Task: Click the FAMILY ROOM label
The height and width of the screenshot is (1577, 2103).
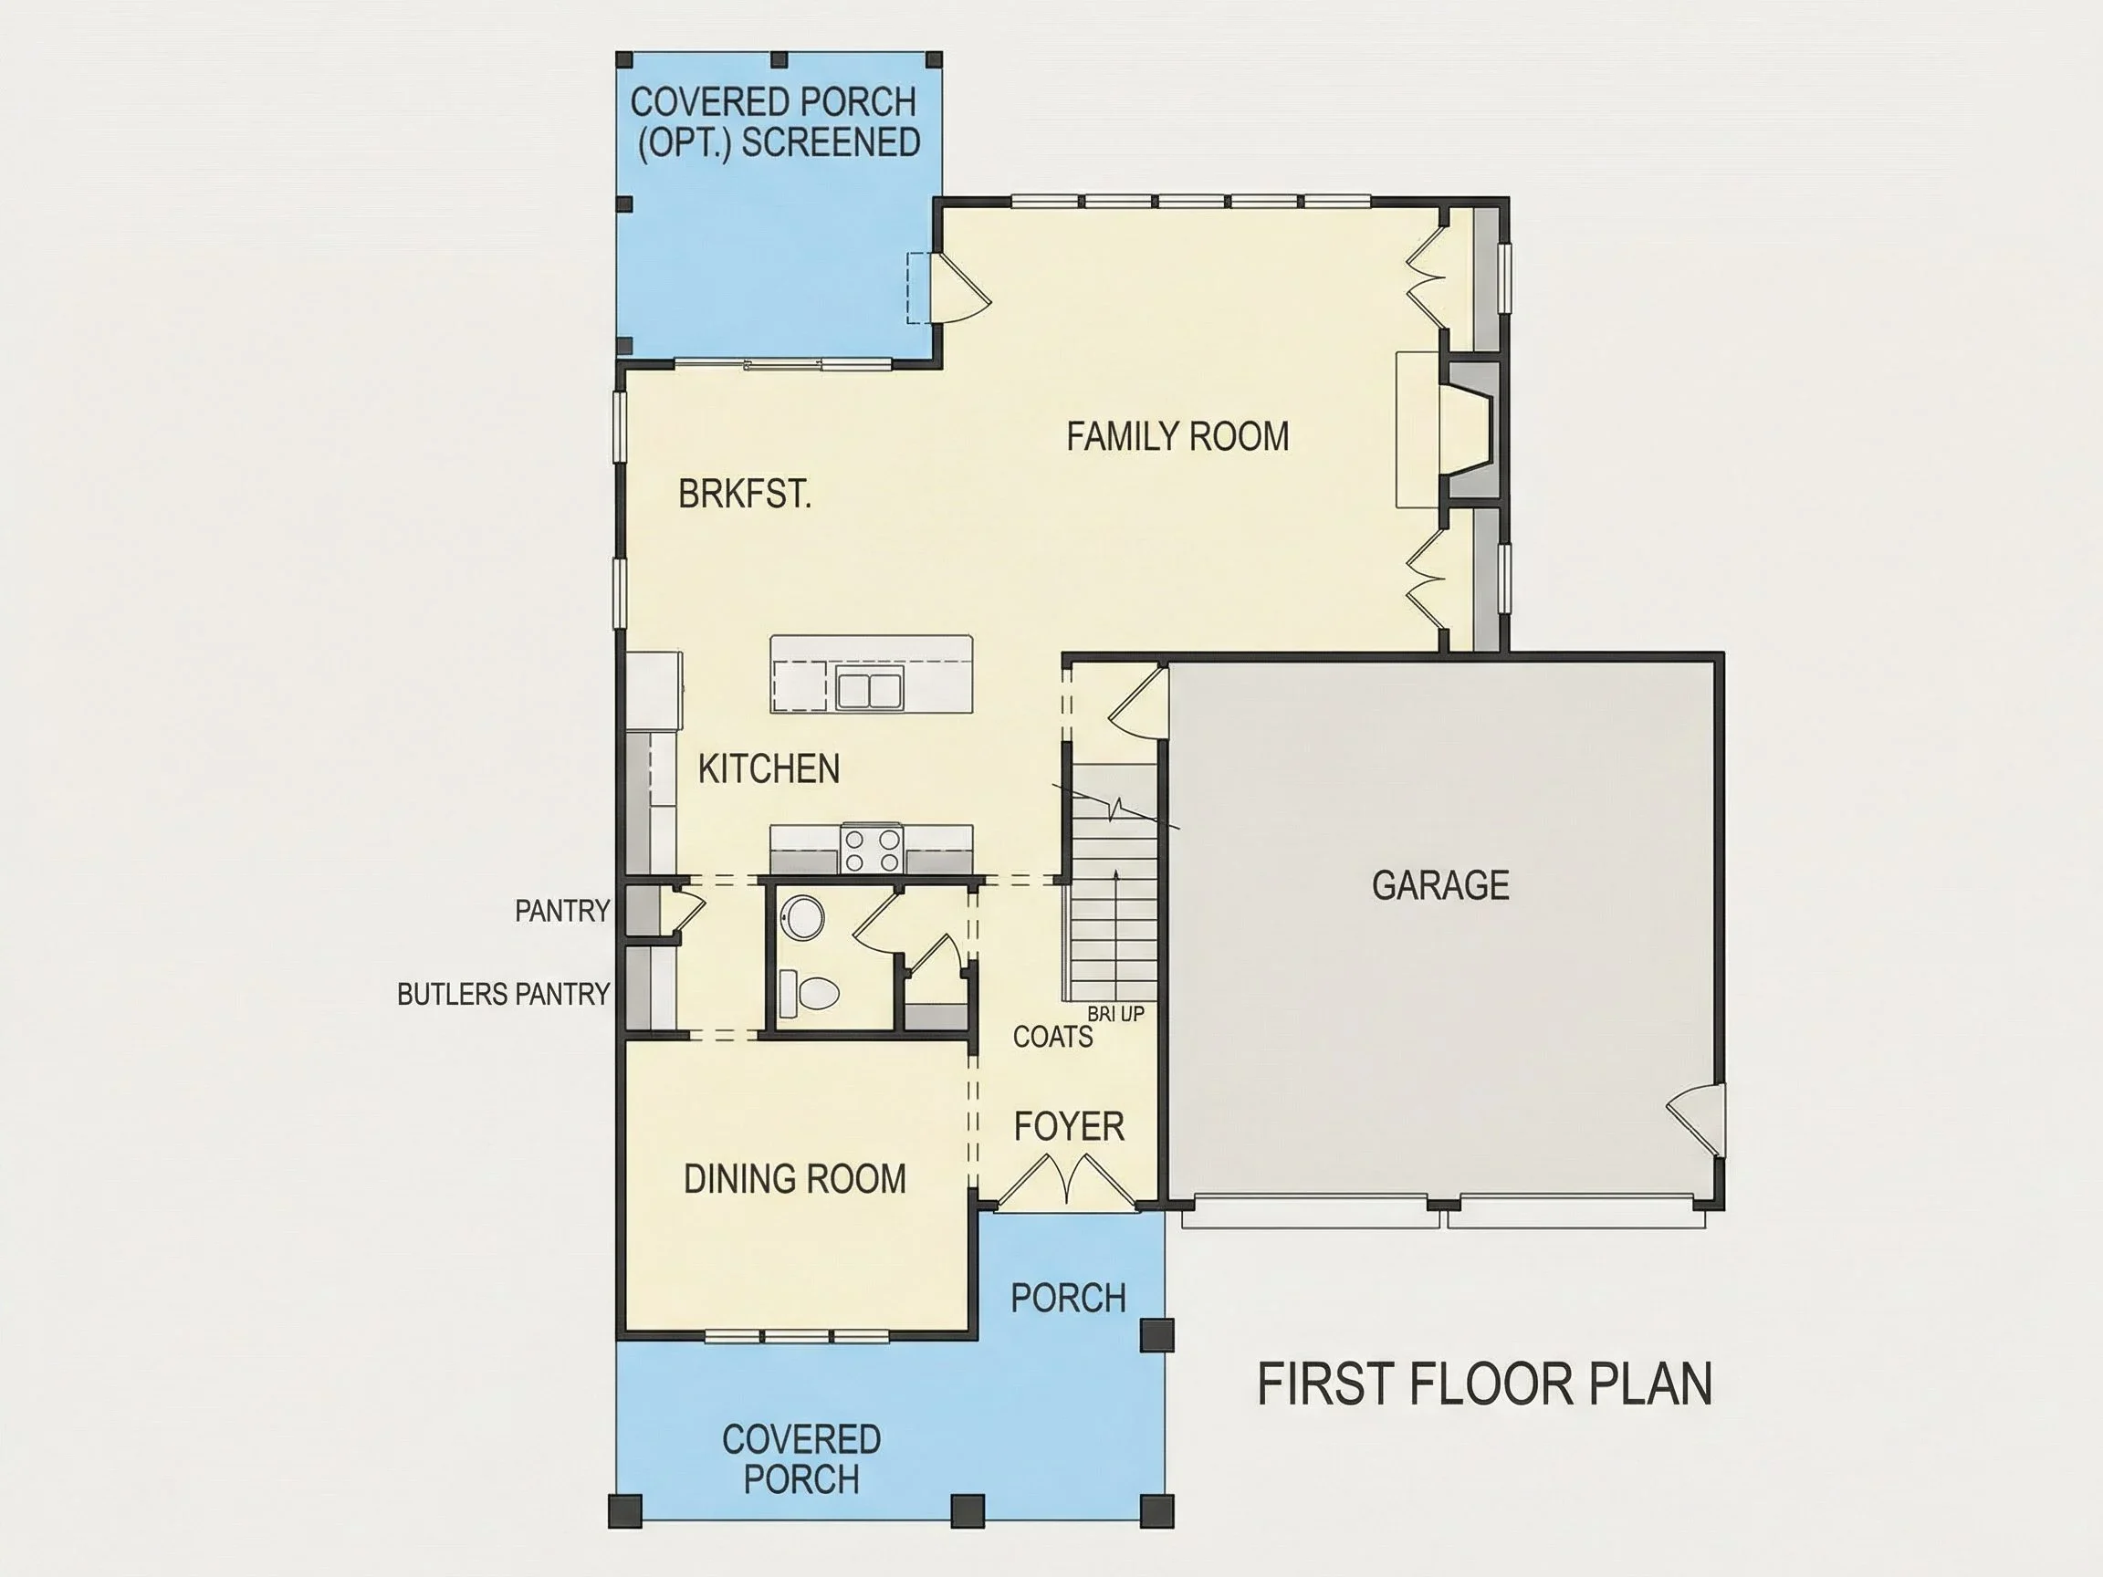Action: pyautogui.click(x=1177, y=437)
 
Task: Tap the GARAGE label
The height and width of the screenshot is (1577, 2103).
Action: pyautogui.click(x=1440, y=885)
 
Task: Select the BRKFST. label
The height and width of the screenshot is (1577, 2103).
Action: pyautogui.click(x=745, y=495)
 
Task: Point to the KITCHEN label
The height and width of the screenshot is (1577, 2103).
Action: pyautogui.click(x=769, y=769)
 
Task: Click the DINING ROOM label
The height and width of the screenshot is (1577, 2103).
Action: pyautogui.click(x=795, y=1179)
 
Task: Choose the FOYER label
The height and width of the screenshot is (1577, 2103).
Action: pyautogui.click(x=1069, y=1126)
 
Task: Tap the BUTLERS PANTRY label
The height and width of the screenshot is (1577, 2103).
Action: pyautogui.click(x=503, y=995)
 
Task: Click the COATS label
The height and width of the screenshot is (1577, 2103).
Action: pyautogui.click(x=1052, y=1036)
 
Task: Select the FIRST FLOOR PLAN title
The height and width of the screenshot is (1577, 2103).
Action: pyautogui.click(x=1485, y=1384)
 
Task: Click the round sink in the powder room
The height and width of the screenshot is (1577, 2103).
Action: pyautogui.click(x=802, y=917)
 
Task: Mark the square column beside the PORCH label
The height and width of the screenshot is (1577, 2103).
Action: pyautogui.click(x=1157, y=1334)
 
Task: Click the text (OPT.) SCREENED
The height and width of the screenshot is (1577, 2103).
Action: pyautogui.click(x=779, y=142)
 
